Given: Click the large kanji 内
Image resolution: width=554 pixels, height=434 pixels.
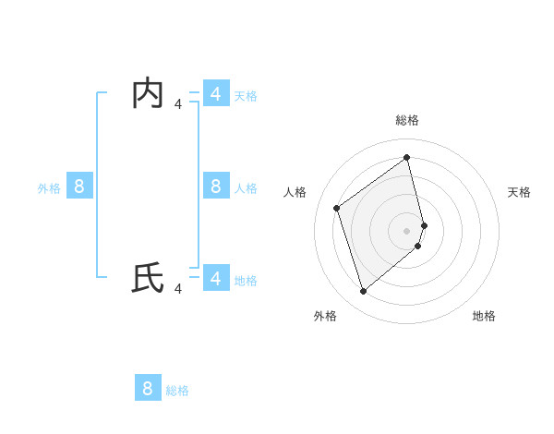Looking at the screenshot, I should point(148,94).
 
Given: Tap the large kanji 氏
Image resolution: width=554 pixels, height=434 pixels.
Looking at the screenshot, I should point(148,278).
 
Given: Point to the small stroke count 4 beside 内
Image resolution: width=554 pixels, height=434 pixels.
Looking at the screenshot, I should point(178,104).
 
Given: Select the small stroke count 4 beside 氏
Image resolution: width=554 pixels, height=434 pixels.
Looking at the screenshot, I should point(178,288).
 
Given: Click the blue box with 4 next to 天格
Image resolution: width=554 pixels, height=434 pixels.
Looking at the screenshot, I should point(215,94).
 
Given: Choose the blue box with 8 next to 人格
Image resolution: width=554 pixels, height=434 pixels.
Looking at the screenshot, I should point(215,187).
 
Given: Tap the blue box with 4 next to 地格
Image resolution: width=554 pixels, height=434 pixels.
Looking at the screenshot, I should point(215,278).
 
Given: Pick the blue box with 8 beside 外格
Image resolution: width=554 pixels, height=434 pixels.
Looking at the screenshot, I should point(79,187).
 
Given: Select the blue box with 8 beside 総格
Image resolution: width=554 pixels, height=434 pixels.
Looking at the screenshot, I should point(148,388).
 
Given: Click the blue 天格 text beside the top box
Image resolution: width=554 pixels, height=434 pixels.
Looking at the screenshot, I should point(246,96).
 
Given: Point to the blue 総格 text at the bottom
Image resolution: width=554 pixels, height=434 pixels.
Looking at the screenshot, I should point(177,391).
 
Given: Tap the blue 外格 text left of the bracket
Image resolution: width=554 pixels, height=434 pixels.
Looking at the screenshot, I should point(49,188).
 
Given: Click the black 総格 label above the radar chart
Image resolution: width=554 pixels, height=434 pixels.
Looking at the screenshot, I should point(407,120).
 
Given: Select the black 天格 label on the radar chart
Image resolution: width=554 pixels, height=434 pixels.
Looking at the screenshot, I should point(519,192).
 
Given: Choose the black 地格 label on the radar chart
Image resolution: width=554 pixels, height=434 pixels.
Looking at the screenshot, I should point(484,316).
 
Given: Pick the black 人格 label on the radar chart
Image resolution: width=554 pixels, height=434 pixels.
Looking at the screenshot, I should point(295,192).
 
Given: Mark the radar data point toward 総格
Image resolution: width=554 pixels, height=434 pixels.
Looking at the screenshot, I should point(407,157).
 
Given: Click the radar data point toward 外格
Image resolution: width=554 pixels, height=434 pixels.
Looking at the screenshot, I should point(364,292).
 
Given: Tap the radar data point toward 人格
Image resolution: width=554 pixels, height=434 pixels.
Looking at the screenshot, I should point(337,208).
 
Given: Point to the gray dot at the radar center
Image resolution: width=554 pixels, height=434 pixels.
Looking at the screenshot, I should point(407,230).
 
